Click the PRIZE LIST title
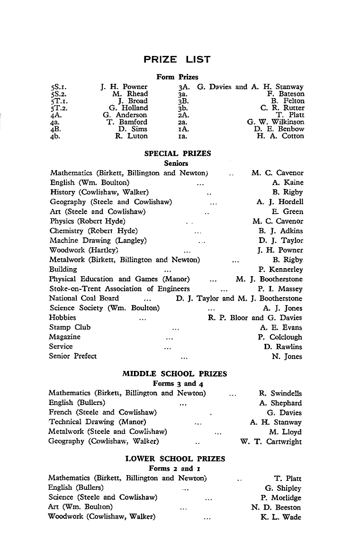[x=177, y=60]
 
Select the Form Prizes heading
[x=177, y=77]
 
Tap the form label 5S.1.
[x=58, y=87]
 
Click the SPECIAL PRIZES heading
[x=177, y=153]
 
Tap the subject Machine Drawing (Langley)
[x=98, y=241]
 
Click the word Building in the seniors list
[x=63, y=270]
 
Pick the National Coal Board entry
[x=84, y=298]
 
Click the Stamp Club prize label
[x=70, y=327]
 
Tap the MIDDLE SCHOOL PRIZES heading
[x=175, y=374]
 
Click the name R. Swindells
[x=280, y=393]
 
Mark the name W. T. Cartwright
[x=271, y=442]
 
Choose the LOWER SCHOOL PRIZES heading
[x=175, y=459]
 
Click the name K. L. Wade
[x=281, y=517]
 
